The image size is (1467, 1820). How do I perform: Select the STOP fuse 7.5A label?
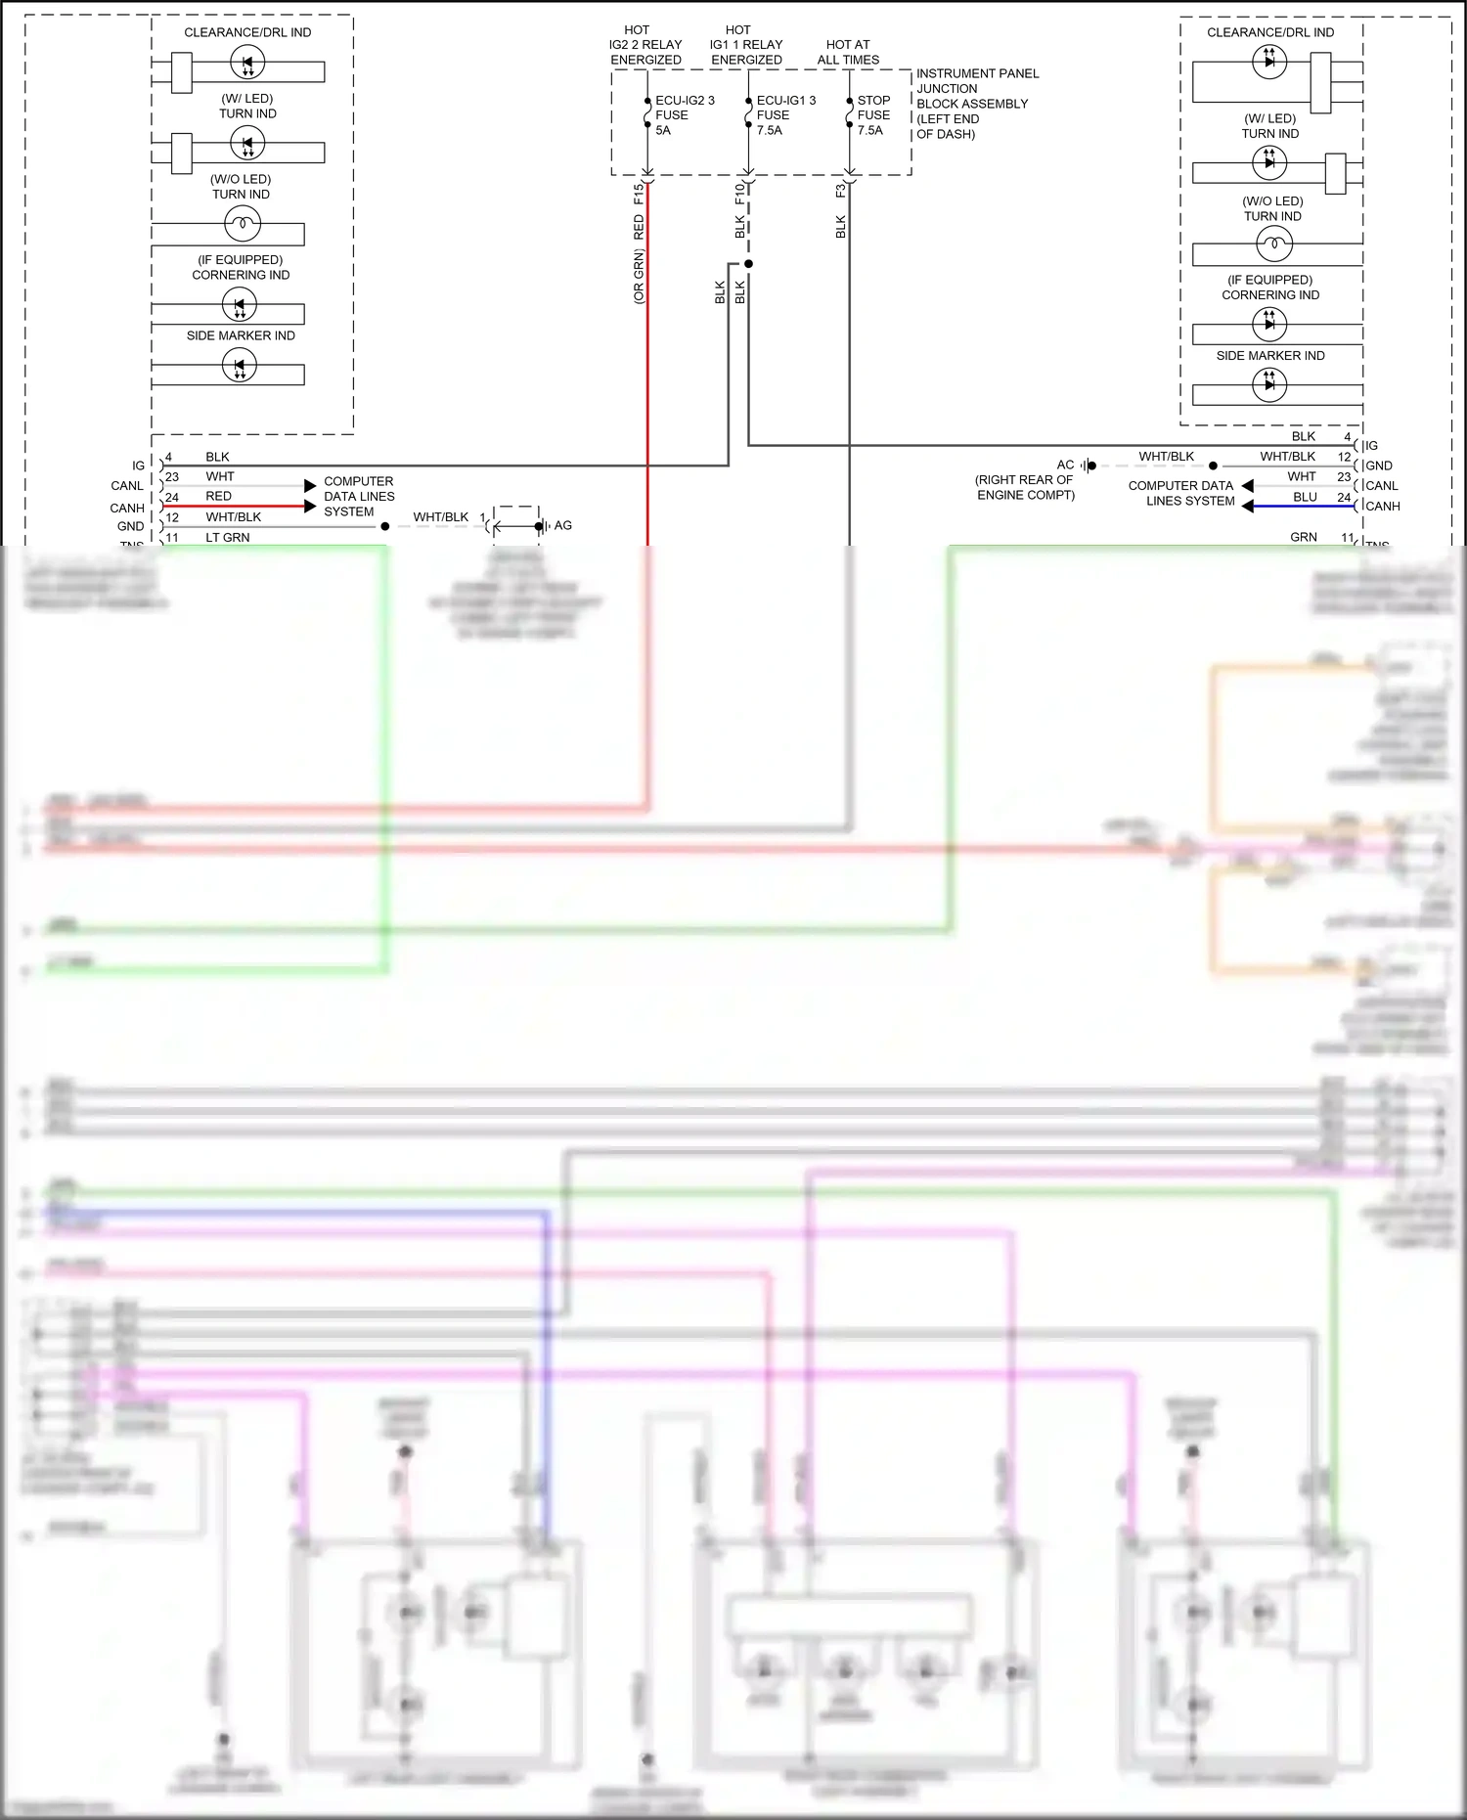(873, 114)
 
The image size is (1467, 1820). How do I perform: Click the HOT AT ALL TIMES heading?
(848, 52)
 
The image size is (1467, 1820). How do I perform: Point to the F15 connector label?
(639, 193)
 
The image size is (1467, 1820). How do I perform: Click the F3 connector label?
(841, 191)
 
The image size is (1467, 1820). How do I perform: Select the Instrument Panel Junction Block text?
(976, 103)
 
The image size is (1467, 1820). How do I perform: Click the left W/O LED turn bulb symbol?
(242, 225)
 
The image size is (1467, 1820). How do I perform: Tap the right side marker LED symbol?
(1269, 384)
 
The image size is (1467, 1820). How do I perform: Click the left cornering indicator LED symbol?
(240, 305)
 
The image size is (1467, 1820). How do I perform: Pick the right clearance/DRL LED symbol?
(1269, 62)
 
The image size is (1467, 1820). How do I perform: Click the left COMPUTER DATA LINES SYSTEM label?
(359, 496)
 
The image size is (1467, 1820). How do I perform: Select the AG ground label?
(563, 525)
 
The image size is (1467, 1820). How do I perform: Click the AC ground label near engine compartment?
(1065, 465)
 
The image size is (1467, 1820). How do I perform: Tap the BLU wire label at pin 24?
(1305, 497)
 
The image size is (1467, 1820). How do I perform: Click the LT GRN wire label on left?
(227, 537)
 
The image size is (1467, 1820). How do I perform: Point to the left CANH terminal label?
(127, 508)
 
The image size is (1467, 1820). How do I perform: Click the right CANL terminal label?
(1381, 485)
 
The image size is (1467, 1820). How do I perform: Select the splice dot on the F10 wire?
(748, 264)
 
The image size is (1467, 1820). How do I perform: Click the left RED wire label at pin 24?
(218, 496)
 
